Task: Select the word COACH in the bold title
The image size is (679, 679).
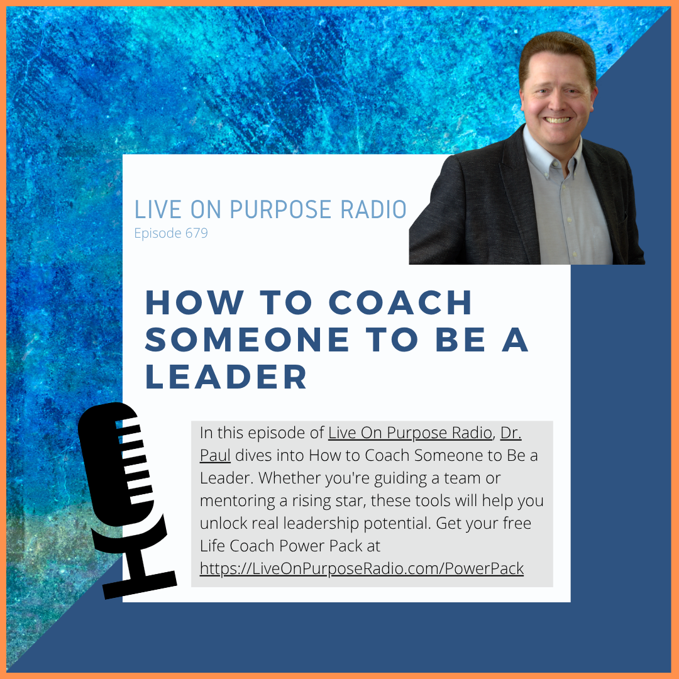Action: (401, 302)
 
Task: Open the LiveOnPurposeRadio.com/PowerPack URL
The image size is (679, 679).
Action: (362, 569)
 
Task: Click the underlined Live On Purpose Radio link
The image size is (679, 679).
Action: (409, 433)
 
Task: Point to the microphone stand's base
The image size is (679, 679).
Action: (140, 585)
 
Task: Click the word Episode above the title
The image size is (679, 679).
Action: (157, 233)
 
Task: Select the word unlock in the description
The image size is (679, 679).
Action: (220, 524)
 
